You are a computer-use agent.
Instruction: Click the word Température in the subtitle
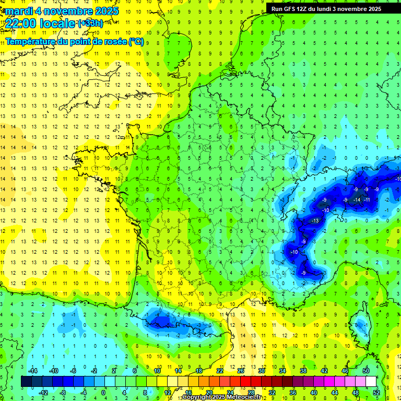pos(31,41)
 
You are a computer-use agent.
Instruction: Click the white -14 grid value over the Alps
pos(357,200)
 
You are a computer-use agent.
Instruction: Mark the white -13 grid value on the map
pos(315,221)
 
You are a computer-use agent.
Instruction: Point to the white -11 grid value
pos(367,200)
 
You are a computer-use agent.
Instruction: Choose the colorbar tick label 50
pos(365,371)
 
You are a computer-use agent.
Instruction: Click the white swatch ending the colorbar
pos(371,382)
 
